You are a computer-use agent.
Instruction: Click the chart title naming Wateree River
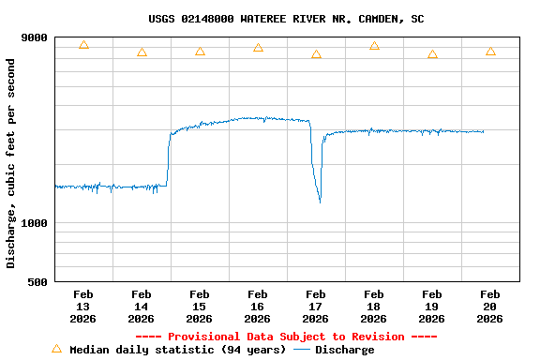click(286, 19)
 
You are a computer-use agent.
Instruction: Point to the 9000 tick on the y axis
click(35, 37)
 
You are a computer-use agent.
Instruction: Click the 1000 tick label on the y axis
click(35, 223)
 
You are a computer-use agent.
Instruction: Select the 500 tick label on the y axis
click(38, 282)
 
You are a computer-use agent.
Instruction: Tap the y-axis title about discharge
click(11, 163)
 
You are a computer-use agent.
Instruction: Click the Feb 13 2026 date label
click(82, 307)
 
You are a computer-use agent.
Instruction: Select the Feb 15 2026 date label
click(199, 307)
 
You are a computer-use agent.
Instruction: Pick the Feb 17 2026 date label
click(315, 307)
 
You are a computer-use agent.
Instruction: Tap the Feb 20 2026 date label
click(489, 307)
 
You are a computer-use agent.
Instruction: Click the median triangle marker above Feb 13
click(83, 45)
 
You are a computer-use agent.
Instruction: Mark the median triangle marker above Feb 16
click(258, 48)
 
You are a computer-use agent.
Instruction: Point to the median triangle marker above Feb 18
click(374, 46)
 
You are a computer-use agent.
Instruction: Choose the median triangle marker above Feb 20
click(490, 52)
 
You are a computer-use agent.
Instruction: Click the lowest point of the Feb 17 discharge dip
click(320, 201)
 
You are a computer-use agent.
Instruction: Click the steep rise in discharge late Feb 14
click(169, 159)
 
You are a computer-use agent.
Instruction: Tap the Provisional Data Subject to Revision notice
click(286, 337)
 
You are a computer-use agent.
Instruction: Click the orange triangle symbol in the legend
click(56, 349)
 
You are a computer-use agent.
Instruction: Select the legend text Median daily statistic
click(177, 350)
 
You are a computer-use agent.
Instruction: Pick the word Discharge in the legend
click(344, 350)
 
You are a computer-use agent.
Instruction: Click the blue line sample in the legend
click(302, 350)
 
